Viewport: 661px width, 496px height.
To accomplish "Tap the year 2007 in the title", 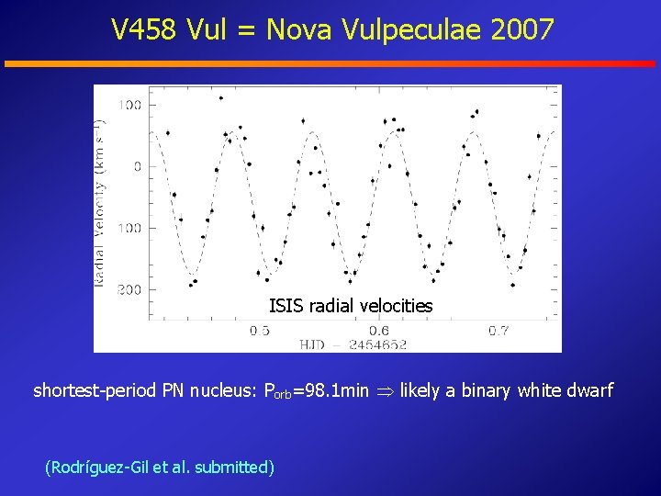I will click(x=522, y=30).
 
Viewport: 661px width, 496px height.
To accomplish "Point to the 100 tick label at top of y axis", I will click(x=129, y=105).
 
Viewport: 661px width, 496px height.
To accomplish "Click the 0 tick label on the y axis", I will click(x=137, y=166).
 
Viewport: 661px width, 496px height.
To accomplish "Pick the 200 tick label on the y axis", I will click(x=129, y=289).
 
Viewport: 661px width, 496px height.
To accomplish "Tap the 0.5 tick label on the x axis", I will click(x=260, y=330).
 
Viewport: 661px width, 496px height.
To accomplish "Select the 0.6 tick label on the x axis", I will click(x=379, y=330).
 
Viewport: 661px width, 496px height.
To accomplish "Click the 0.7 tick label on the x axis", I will click(x=499, y=330).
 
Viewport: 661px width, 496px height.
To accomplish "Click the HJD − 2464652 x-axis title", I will click(x=353, y=344).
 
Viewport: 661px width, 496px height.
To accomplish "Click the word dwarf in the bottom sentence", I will click(x=591, y=391).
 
